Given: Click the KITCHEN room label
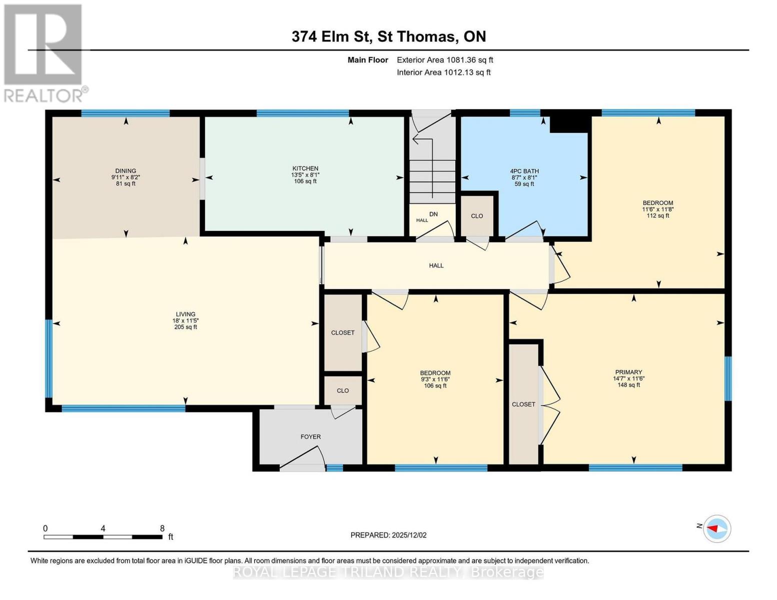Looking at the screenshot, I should coord(305,168).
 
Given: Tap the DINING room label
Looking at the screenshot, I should coord(126,171).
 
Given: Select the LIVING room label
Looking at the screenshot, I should coord(185,314).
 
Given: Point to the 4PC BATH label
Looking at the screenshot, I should coord(524,171).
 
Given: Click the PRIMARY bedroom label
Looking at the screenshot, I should coord(628,372).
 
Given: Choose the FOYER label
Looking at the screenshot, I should coord(310,436).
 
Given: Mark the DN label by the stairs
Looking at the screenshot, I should coord(433,214).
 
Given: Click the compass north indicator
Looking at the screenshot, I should coord(716,528).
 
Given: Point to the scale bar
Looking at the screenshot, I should coord(103,536).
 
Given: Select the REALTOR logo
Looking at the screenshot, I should coord(44,52).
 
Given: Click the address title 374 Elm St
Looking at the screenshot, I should coord(389,36).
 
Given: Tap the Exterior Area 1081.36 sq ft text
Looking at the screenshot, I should coord(445,60).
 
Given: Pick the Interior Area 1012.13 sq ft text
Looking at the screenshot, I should coord(443,72).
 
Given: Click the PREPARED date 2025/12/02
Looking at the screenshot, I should coord(388,535).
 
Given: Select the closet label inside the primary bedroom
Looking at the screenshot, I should coord(523,404).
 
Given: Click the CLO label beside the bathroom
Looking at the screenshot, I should coord(477,216).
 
